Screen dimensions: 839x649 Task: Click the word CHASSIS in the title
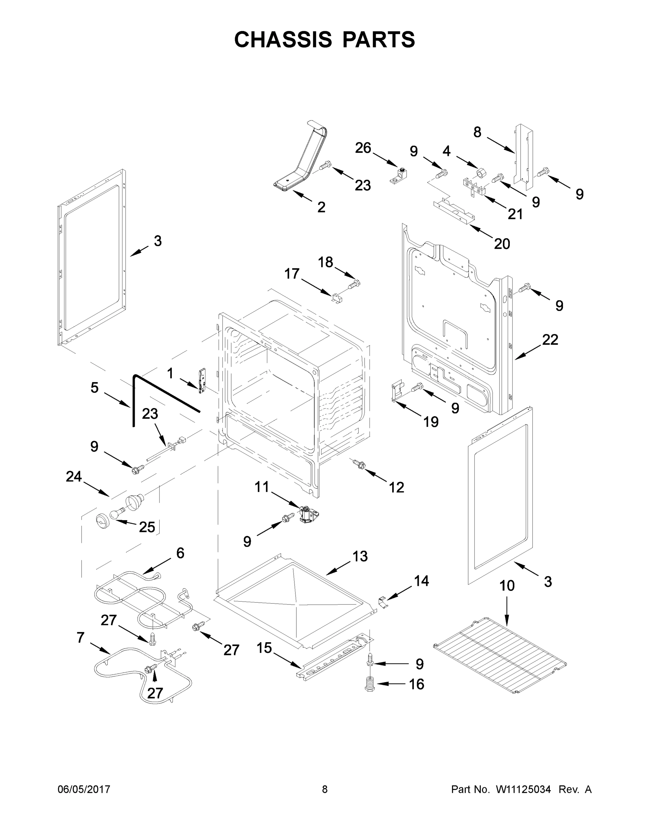coord(283,40)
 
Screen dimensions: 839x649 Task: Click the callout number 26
coord(363,148)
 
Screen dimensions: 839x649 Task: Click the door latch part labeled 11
coord(308,514)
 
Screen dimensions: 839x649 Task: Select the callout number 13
coord(360,556)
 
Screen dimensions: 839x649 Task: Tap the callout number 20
coord(502,244)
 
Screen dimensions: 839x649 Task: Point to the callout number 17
coord(292,274)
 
